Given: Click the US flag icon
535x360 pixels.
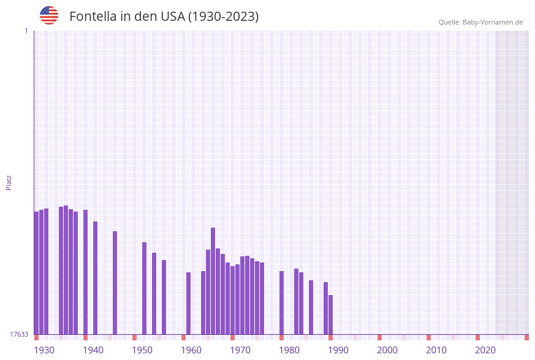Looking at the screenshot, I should (49, 15).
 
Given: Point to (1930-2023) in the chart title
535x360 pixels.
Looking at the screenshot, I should (224, 17).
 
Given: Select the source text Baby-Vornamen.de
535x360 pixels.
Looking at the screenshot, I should (493, 22).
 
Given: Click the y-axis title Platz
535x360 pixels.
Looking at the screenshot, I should (9, 182).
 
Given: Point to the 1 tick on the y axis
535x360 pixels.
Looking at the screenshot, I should (26, 31).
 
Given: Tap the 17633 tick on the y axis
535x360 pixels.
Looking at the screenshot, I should (19, 334).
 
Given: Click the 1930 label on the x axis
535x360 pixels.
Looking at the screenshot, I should (44, 350).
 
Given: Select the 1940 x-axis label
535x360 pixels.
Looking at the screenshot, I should (93, 350).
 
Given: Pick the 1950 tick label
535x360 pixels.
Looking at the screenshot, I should (142, 350).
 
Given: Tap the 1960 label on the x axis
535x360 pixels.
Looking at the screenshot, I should (191, 350).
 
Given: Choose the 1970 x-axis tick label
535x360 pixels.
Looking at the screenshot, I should (240, 350).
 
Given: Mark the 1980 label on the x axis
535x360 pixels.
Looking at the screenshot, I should (289, 350).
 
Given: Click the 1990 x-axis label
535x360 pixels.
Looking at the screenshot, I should (338, 350).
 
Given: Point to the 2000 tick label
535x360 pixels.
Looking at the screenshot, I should (387, 350).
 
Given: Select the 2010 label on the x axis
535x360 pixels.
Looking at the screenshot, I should (436, 350).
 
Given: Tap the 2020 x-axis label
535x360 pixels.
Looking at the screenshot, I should (485, 350).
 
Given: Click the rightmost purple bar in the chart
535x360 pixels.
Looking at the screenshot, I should (331, 315).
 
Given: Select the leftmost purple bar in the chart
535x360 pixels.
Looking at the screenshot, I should (37, 273).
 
